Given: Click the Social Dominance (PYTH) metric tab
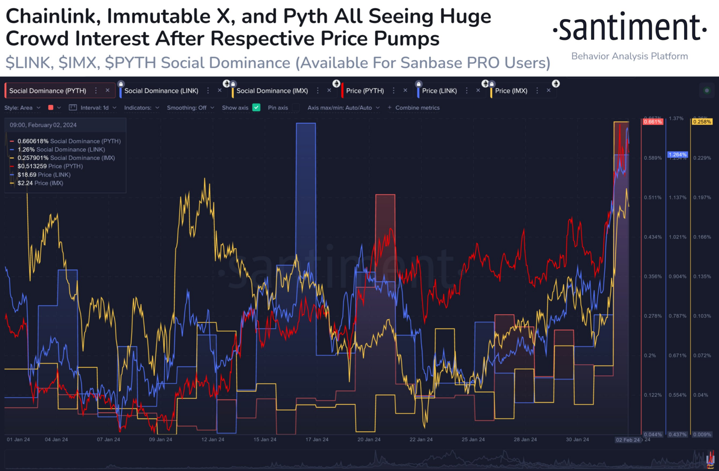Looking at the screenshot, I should pos(48,91).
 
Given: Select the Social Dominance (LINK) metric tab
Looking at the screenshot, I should pos(161,91).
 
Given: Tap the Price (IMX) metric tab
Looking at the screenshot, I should pos(511,91).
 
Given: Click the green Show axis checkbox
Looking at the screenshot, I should pos(257,107).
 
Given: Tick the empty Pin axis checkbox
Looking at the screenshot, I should pos(296,107).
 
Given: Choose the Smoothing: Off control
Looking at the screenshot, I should pos(190,107).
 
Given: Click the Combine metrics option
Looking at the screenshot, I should pos(417,107).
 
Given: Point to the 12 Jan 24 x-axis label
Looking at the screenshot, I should pos(213,440).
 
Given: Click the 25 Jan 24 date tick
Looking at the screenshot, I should pos(473,440).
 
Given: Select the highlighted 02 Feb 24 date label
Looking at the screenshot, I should pos(628,440).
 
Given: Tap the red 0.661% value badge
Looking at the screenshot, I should pos(653,122).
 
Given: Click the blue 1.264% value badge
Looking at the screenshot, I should pos(677,155).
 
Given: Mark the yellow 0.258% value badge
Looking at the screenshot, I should pos(702,122).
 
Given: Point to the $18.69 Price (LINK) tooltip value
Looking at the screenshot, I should pos(27,175).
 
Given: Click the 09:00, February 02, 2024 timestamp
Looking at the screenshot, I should pos(43,125).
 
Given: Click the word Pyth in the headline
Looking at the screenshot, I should pos(306,16).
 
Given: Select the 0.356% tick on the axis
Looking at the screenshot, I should pos(652,277).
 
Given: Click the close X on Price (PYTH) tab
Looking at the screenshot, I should pos(405,90).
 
